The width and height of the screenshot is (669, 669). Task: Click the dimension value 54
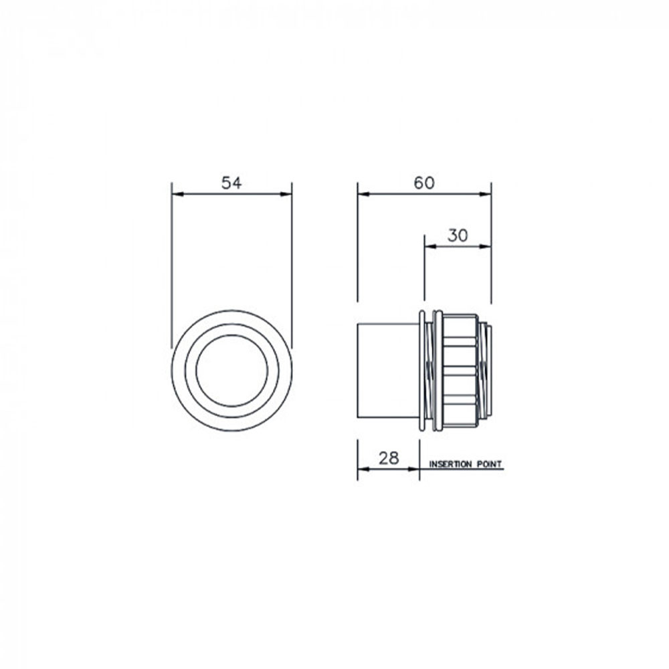[x=231, y=183]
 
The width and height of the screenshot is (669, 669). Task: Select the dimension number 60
[x=423, y=183]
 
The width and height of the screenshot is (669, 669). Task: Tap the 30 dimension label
[x=457, y=235]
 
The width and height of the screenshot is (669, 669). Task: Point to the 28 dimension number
[x=388, y=458]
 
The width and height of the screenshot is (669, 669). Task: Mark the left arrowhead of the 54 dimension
[x=176, y=194]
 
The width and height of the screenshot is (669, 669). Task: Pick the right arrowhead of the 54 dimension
[x=288, y=194]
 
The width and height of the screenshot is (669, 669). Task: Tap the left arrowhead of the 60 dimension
[x=362, y=194]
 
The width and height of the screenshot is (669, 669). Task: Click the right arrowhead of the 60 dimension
[x=486, y=194]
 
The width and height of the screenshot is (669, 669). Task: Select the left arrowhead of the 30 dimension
[x=429, y=246]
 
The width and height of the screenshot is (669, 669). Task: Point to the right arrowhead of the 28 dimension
[x=415, y=469]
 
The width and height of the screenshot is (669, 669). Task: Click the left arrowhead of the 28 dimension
[x=362, y=469]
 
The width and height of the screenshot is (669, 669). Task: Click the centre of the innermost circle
[x=231, y=370]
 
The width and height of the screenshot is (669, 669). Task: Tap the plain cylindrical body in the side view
[x=388, y=371]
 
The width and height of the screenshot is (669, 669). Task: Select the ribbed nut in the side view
[x=459, y=371]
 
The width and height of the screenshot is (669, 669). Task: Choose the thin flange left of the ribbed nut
[x=422, y=371]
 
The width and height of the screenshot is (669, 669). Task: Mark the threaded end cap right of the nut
[x=486, y=369]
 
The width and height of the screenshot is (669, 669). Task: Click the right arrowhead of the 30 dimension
[x=486, y=246]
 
